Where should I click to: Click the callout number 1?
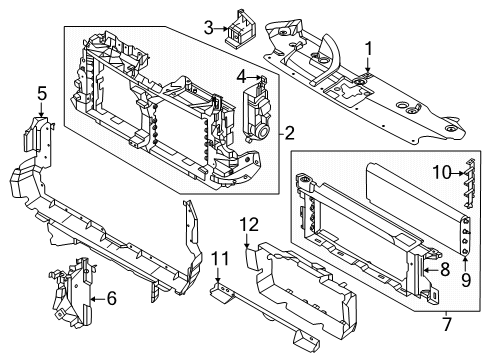(x=368, y=46)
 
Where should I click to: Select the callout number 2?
(x=289, y=131)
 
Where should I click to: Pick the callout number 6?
(x=111, y=297)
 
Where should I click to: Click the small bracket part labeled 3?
(x=240, y=28)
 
